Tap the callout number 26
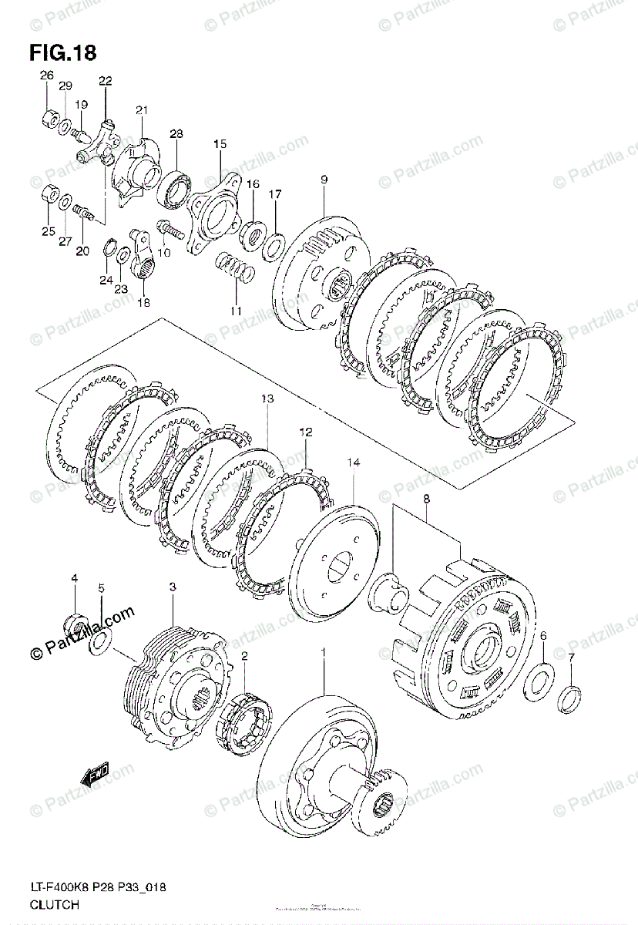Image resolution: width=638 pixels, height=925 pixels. (x=47, y=76)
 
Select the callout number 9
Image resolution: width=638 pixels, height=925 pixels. (x=324, y=180)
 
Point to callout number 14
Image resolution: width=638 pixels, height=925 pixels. (x=353, y=463)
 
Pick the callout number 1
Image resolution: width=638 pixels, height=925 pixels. (x=324, y=654)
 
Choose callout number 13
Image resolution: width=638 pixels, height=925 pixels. (x=267, y=399)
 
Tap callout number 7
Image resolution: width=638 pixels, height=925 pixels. (x=571, y=658)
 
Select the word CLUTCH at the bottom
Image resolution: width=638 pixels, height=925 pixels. (x=55, y=905)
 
